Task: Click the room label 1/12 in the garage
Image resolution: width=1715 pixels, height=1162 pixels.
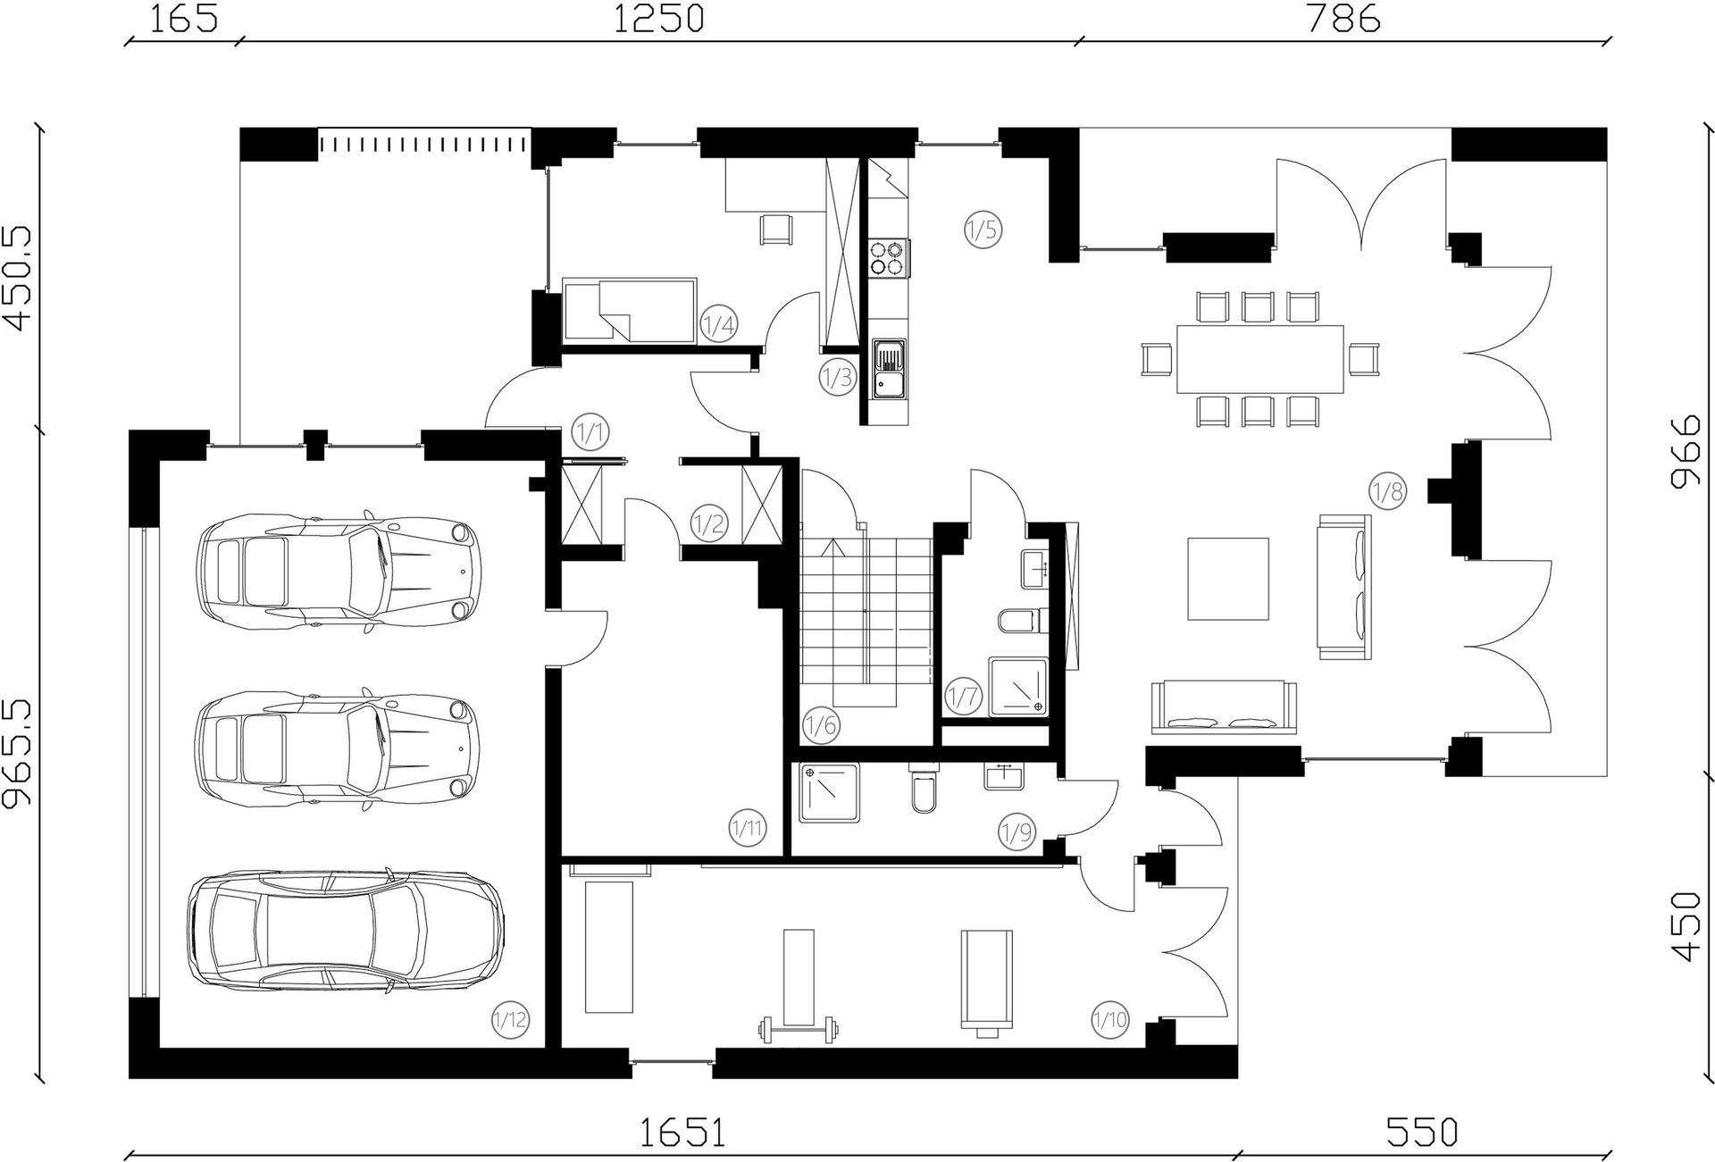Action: [x=510, y=1019]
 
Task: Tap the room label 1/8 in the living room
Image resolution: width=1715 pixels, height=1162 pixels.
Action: [x=1387, y=491]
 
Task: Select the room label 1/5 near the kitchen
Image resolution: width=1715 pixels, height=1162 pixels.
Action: [x=983, y=230]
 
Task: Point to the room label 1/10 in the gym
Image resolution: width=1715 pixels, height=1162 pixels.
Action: [x=1110, y=1019]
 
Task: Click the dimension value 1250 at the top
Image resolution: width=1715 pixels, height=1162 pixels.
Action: [x=658, y=18]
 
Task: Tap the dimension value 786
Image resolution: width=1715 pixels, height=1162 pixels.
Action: [x=1343, y=18]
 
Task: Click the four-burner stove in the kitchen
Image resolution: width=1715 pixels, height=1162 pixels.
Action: [x=890, y=257]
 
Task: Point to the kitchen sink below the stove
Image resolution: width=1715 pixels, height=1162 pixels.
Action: [x=889, y=369]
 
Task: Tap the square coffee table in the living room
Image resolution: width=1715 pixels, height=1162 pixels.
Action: [x=1228, y=579]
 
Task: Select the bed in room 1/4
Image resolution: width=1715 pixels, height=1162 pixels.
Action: [x=629, y=310]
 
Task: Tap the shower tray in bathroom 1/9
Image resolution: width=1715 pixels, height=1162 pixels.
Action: [x=830, y=792]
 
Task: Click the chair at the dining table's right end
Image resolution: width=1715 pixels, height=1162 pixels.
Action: [x=1364, y=359]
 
